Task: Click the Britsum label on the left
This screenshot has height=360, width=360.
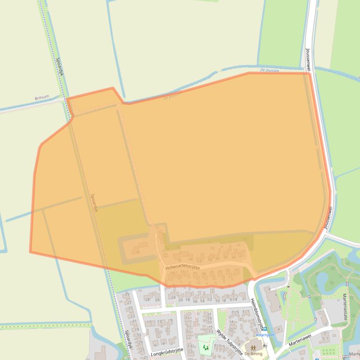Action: click(42, 98)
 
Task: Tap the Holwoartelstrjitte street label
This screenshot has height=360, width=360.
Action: click(182, 267)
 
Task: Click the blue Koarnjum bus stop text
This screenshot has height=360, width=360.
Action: click(265, 335)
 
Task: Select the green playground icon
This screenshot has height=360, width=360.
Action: click(205, 347)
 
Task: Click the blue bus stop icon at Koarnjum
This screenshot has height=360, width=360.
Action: click(265, 329)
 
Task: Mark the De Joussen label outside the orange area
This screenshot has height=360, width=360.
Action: click(269, 70)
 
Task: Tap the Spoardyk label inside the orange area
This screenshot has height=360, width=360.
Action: click(94, 203)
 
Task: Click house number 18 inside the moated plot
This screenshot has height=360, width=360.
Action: click(137, 252)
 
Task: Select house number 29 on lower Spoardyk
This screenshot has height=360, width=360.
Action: click(126, 294)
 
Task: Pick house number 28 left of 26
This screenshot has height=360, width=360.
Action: click(147, 300)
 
